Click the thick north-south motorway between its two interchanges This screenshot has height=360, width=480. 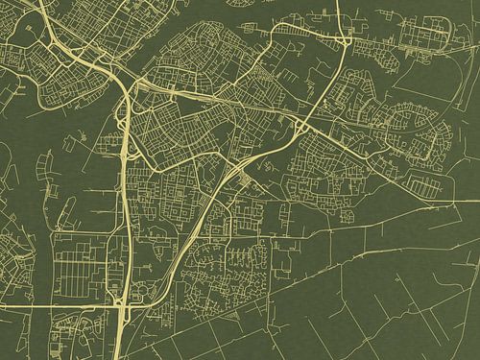pyautogui.click(x=125, y=192)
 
